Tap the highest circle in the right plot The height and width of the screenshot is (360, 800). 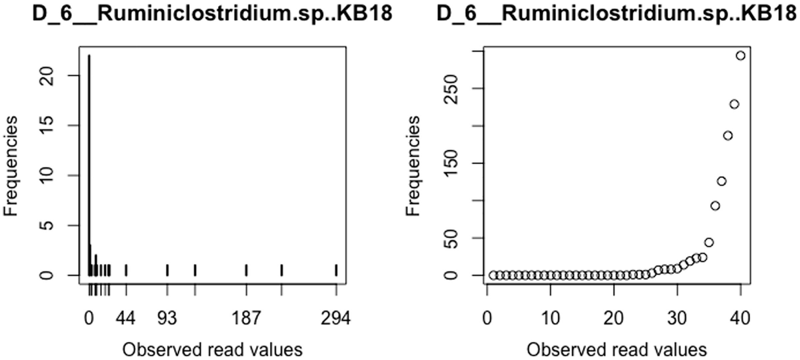[x=740, y=55]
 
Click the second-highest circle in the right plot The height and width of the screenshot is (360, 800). [x=734, y=104]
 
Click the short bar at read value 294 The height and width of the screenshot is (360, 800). [x=336, y=269]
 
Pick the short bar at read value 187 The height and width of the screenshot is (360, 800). [x=246, y=269]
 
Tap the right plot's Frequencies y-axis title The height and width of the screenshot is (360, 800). [x=414, y=163]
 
